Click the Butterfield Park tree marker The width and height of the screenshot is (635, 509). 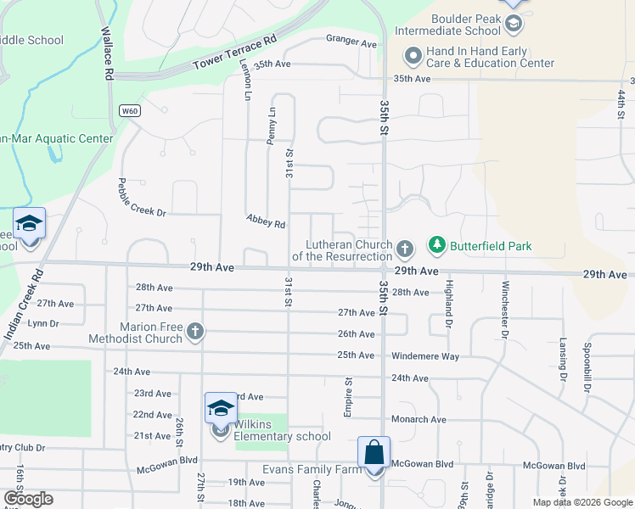click(437, 246)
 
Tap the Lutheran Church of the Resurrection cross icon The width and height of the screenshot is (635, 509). click(405, 249)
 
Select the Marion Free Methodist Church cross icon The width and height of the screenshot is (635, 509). click(195, 332)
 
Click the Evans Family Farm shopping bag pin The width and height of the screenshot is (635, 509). click(374, 454)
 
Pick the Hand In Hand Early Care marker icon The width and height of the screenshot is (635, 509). click(413, 57)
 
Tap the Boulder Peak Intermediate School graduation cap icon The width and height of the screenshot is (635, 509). click(513, 24)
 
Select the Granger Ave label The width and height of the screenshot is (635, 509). click(351, 42)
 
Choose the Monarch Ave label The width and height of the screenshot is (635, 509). click(419, 419)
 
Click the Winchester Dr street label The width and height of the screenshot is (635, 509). click(505, 309)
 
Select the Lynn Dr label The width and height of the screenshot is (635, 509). click(43, 323)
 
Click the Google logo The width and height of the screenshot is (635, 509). click(28, 499)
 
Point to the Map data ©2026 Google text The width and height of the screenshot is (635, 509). click(582, 502)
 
